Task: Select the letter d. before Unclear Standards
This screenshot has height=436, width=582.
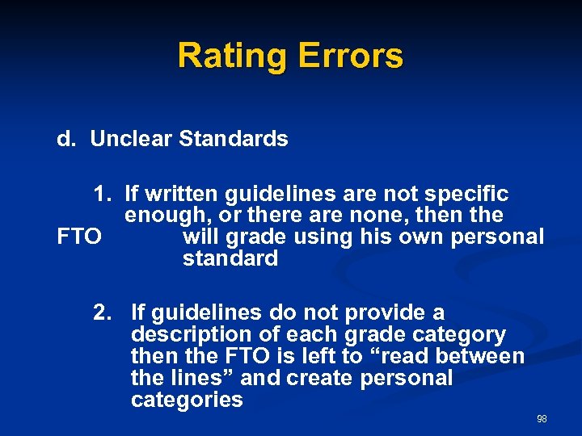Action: coord(65,139)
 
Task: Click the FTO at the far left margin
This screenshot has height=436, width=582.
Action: coord(79,237)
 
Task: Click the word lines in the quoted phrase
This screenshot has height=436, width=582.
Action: coord(193,378)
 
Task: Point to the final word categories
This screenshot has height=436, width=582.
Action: coord(186,400)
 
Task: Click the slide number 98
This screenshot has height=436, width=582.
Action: coord(542,418)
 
